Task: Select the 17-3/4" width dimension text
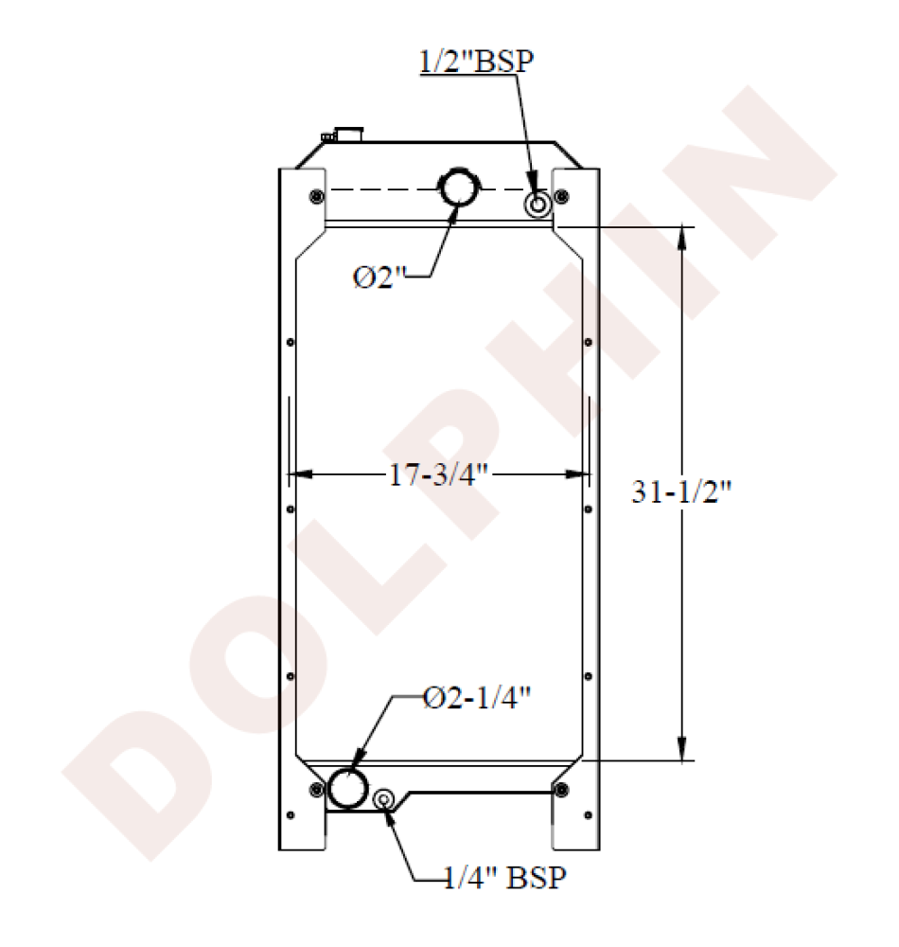[x=440, y=473]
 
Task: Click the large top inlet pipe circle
[x=460, y=188]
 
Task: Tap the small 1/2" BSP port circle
[x=538, y=204]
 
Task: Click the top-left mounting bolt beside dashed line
[x=315, y=196]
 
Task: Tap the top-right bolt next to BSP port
[x=562, y=196]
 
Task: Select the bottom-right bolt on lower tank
[x=562, y=789]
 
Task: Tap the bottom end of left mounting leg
[x=301, y=846]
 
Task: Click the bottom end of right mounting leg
[x=574, y=846]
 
